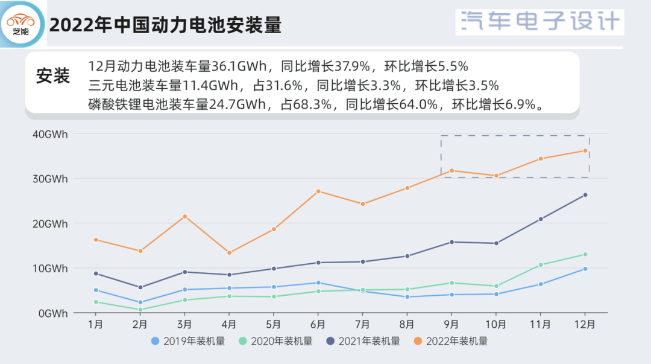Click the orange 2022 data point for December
pos(585,151)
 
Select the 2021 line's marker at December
pos(585,195)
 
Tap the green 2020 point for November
pos(541,265)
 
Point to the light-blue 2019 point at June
pos(318,283)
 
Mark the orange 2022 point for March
pos(184,216)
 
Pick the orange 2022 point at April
pos(229,253)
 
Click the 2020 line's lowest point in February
pos(140,310)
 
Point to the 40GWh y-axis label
pos(49,134)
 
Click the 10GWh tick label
pos(49,268)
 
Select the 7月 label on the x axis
pos(362,324)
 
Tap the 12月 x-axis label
pos(585,324)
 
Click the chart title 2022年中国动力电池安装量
pos(165,26)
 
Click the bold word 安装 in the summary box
pos(53,77)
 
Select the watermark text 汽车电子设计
pos(540,22)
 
